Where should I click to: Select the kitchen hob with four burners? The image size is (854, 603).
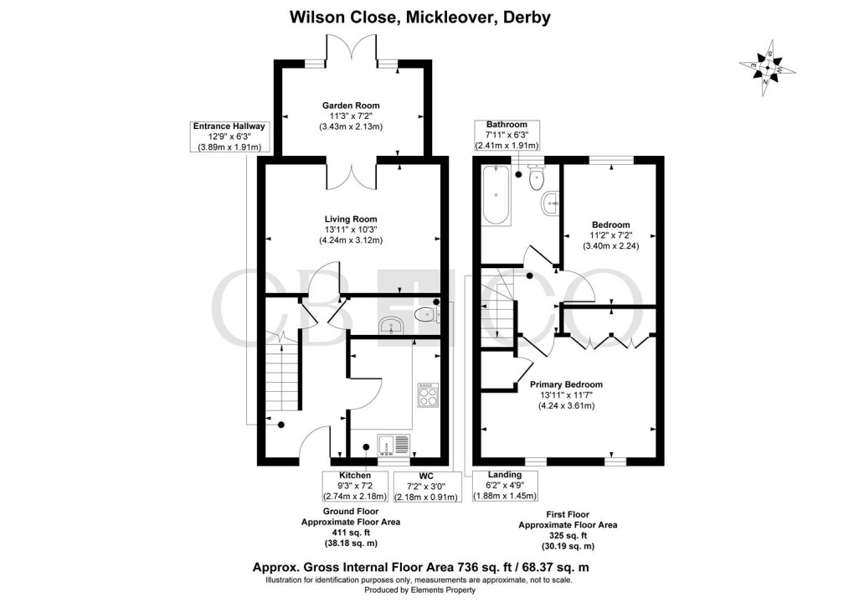pos(427,394)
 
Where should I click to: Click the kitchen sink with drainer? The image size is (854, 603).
pos(393,444)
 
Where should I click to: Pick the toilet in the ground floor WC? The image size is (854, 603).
pos(426,315)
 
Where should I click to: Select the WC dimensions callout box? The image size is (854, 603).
pos(427,486)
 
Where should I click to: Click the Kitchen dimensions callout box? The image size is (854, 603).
pos(356,486)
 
